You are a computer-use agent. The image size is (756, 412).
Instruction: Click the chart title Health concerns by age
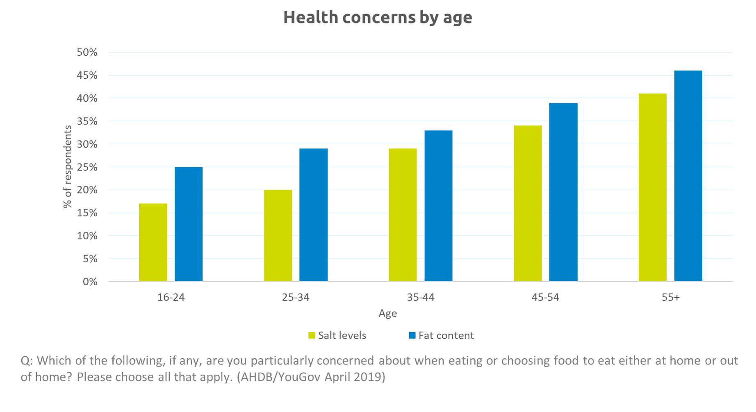[x=378, y=18]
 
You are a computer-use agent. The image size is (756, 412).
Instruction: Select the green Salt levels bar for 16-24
[x=153, y=242]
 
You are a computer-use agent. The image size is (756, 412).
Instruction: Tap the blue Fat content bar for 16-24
[x=189, y=224]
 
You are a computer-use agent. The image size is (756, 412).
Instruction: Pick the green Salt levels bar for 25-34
[x=278, y=236]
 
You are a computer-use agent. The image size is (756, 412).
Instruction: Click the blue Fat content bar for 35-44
[x=438, y=206]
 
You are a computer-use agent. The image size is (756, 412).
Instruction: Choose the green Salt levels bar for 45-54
[x=528, y=203]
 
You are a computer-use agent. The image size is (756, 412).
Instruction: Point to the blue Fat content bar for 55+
[x=688, y=176]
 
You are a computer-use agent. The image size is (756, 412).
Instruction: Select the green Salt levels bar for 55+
[x=652, y=187]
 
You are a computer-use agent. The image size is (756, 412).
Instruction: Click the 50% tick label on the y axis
[x=87, y=52]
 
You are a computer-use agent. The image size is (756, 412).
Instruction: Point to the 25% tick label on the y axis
[x=87, y=167]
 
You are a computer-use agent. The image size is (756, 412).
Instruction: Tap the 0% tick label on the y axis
[x=90, y=282]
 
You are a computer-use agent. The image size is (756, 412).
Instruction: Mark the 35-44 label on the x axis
[x=421, y=297]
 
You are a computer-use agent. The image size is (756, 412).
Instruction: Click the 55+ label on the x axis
[x=670, y=297]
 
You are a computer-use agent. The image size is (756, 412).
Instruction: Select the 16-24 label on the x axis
[x=171, y=297]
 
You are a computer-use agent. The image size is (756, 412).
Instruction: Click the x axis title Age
[x=387, y=314]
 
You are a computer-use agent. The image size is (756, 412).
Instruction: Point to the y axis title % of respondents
[x=67, y=167]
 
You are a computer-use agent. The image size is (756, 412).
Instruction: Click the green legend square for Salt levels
[x=312, y=335]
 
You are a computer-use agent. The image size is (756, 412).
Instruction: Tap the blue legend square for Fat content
[x=412, y=335]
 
